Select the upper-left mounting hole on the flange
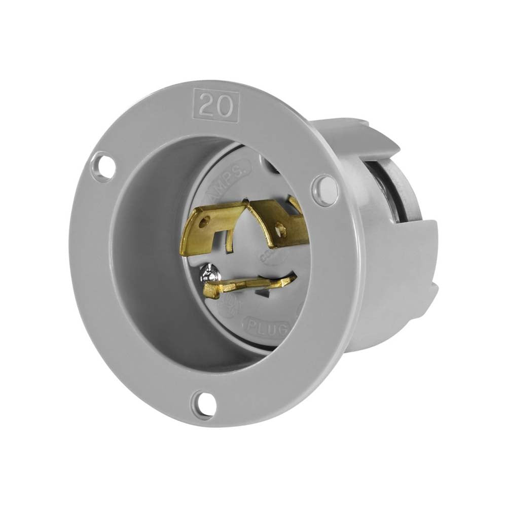(x=104, y=167)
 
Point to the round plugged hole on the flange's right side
(x=324, y=190)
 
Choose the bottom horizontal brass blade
(x=248, y=286)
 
